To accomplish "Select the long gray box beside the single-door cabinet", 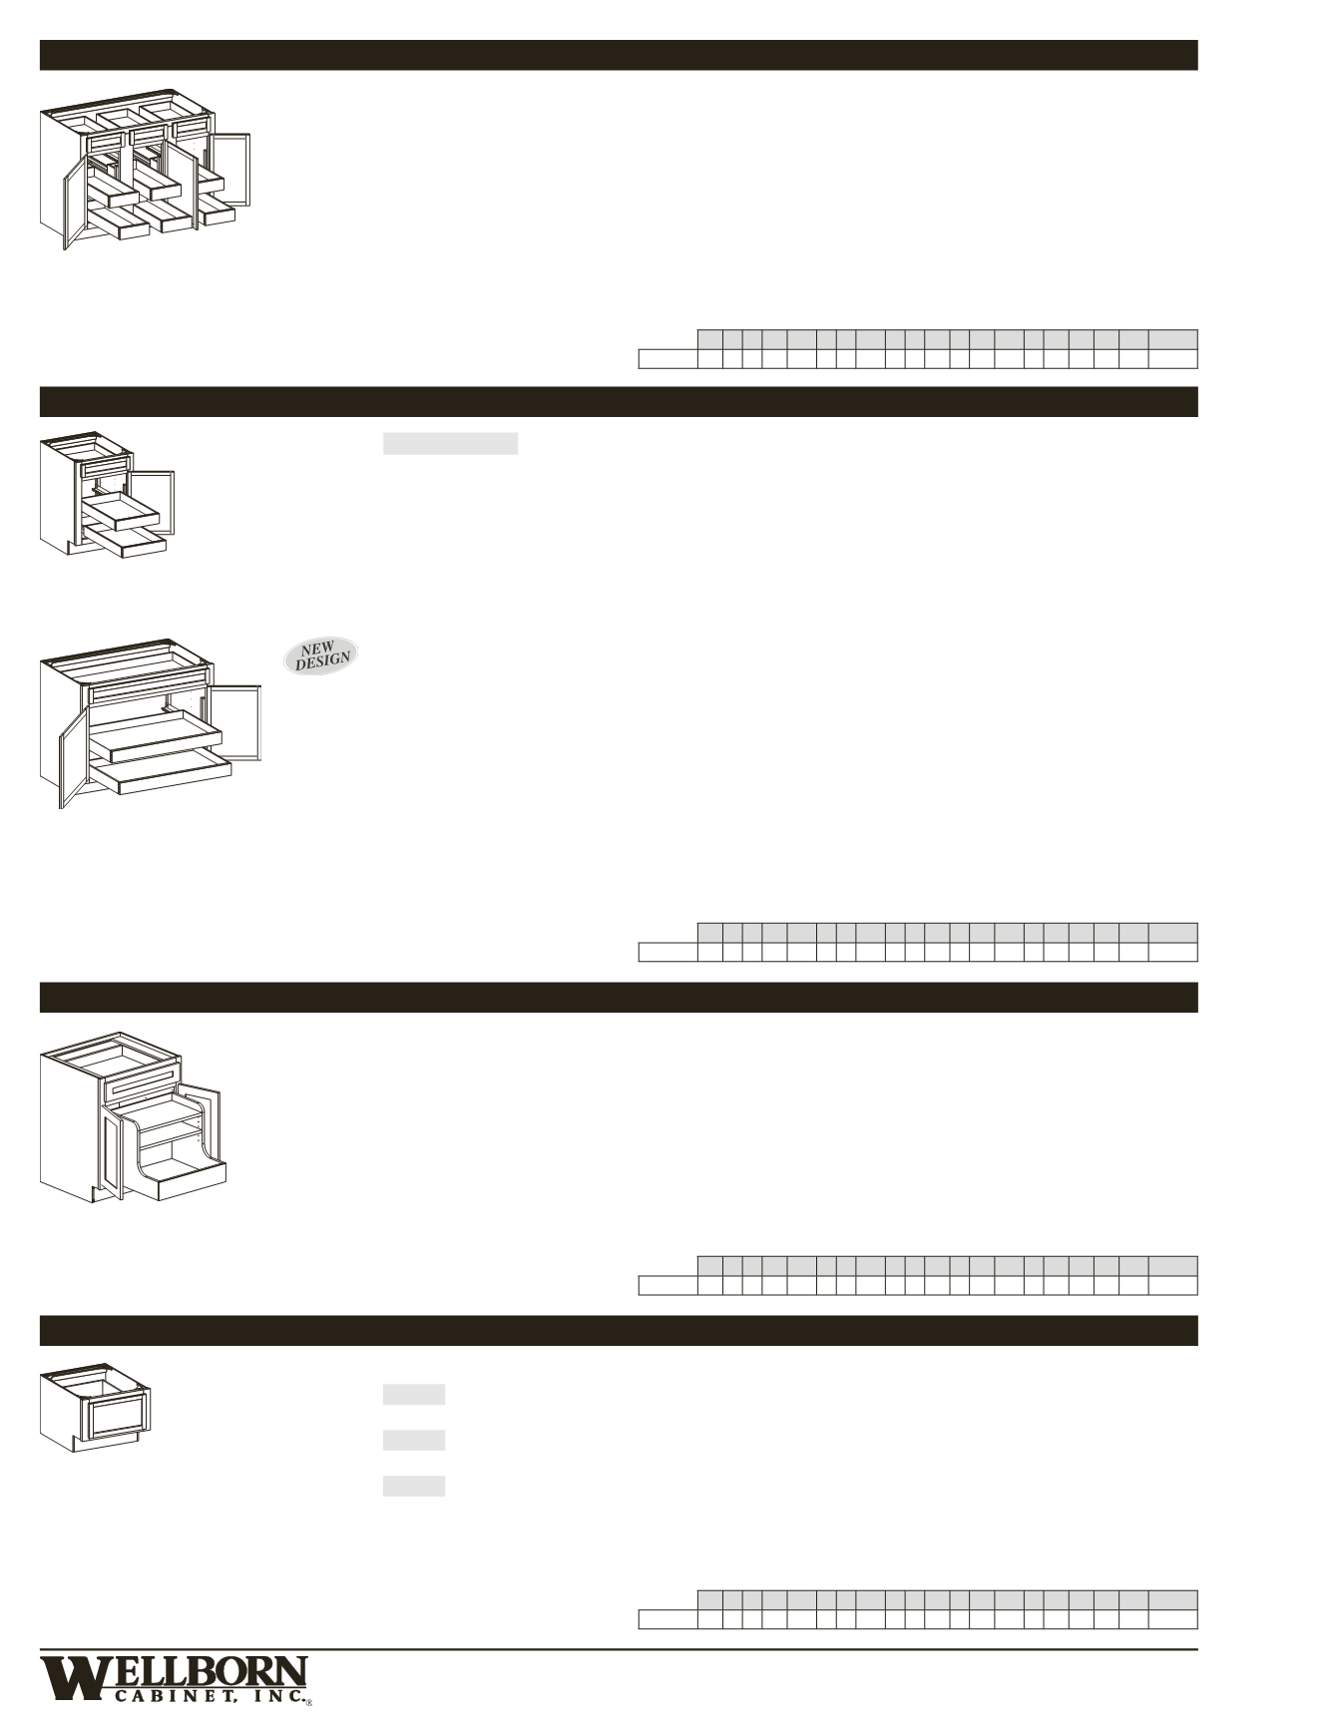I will [450, 444].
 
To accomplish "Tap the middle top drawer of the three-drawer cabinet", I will [148, 133].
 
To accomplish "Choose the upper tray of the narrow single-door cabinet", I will [121, 510].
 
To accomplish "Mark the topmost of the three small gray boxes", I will [413, 1394].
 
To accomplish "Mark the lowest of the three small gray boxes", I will [413, 1486].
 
